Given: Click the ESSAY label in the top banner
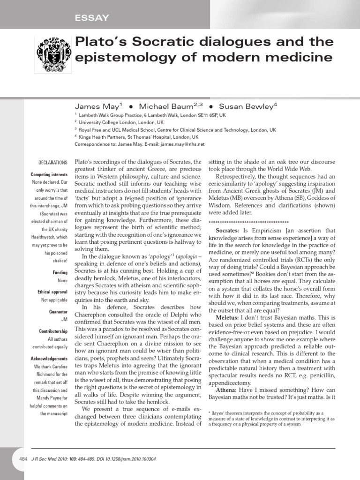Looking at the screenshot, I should [x=92, y=18].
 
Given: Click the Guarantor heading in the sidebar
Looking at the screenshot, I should [x=59, y=311].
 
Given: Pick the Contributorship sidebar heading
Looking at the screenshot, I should [x=53, y=331].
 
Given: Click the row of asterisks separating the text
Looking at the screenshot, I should [x=248, y=221].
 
